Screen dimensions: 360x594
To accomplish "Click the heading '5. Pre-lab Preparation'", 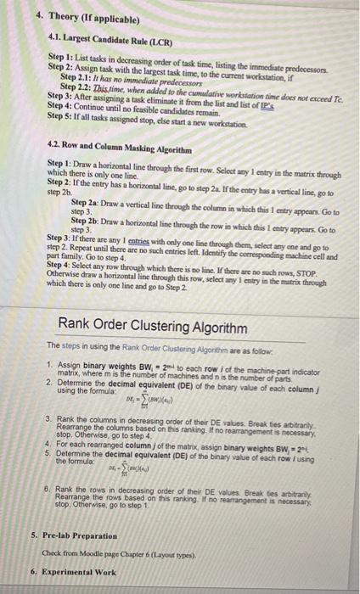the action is click(76, 536).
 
